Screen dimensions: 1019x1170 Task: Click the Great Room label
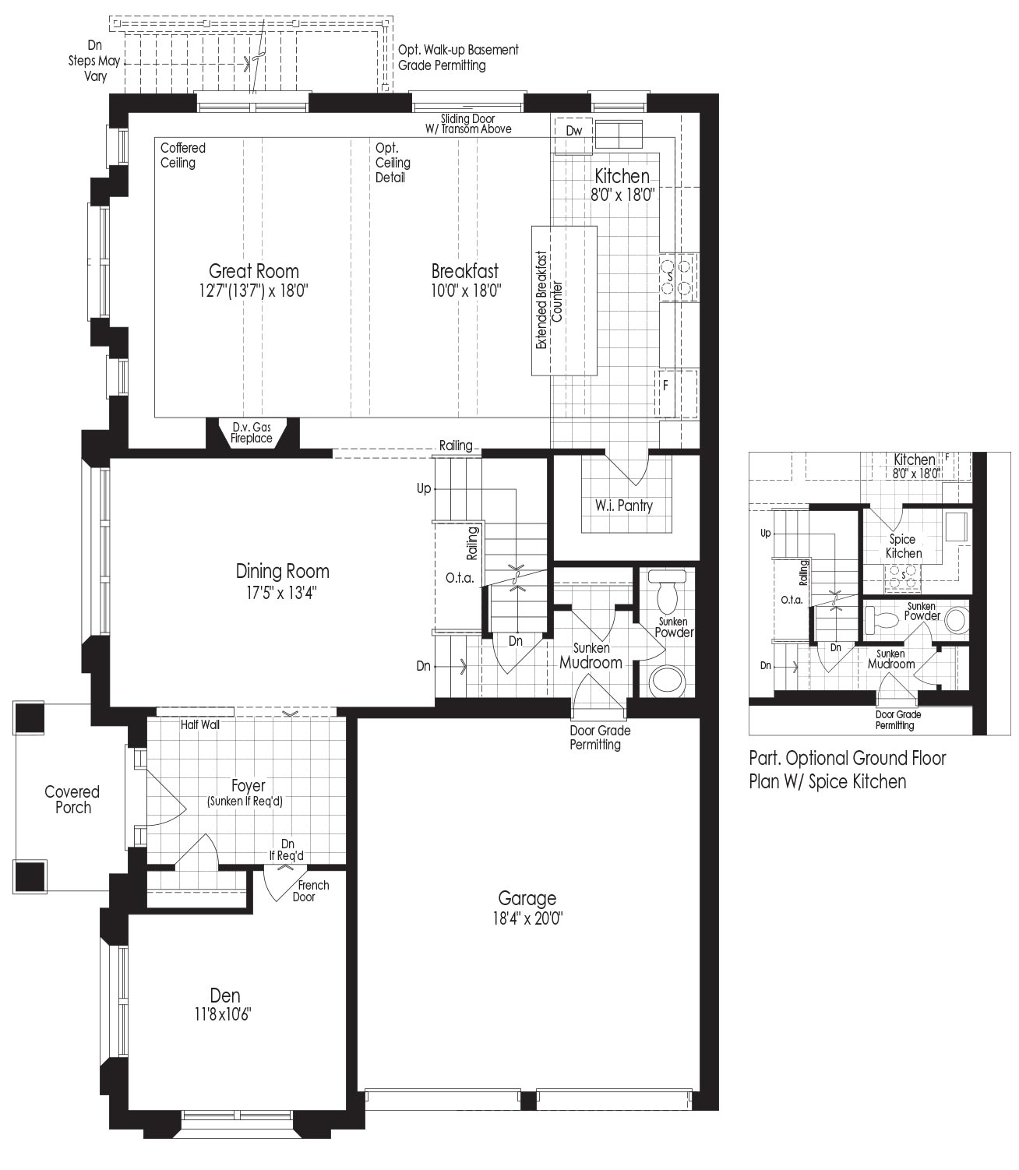click(253, 270)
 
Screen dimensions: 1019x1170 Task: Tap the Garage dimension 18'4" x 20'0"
click(527, 919)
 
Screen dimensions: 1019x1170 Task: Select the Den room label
click(224, 996)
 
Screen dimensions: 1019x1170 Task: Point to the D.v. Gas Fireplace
click(252, 433)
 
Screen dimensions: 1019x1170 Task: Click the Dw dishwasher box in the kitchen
click(574, 131)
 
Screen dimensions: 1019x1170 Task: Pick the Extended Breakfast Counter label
click(548, 301)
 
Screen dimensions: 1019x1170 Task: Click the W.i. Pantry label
click(623, 506)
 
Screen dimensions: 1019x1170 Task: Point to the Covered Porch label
click(72, 799)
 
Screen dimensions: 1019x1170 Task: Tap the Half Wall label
click(200, 724)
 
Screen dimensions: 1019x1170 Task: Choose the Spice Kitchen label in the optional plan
click(904, 546)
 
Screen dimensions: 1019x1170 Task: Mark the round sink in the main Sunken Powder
click(668, 681)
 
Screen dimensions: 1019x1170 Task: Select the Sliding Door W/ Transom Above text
click(467, 124)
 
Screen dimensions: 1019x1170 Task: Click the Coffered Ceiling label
click(183, 155)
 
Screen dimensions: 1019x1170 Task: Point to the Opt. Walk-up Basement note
click(459, 57)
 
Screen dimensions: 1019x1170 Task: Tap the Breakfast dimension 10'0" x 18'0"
click(466, 291)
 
